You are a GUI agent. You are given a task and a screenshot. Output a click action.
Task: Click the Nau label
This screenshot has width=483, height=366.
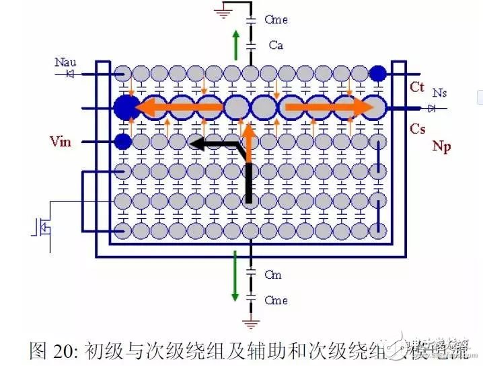pyautogui.click(x=66, y=62)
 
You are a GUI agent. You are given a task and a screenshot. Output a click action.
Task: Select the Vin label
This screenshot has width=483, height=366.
pyautogui.click(x=61, y=142)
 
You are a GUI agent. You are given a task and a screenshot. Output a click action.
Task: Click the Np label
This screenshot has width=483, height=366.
pyautogui.click(x=441, y=146)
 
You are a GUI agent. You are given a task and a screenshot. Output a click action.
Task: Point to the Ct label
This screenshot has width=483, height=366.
pyautogui.click(x=417, y=88)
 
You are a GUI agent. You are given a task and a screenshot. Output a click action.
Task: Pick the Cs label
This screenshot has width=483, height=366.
pyautogui.click(x=417, y=128)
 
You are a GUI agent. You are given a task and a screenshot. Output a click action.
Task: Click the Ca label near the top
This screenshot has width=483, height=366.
pyautogui.click(x=276, y=45)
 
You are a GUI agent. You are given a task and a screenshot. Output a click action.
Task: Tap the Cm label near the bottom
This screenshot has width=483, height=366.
pyautogui.click(x=273, y=275)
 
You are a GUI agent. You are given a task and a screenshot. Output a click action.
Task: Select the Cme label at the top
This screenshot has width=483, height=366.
pyautogui.click(x=276, y=19)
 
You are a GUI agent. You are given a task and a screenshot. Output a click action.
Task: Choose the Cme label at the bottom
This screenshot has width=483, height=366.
pyautogui.click(x=276, y=300)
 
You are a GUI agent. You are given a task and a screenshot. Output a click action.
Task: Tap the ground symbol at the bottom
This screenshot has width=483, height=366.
pyautogui.click(x=252, y=325)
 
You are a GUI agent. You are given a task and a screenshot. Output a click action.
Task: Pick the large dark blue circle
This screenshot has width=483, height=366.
pyautogui.click(x=125, y=107)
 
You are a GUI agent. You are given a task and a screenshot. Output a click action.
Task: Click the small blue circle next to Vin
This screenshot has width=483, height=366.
pyautogui.click(x=122, y=142)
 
